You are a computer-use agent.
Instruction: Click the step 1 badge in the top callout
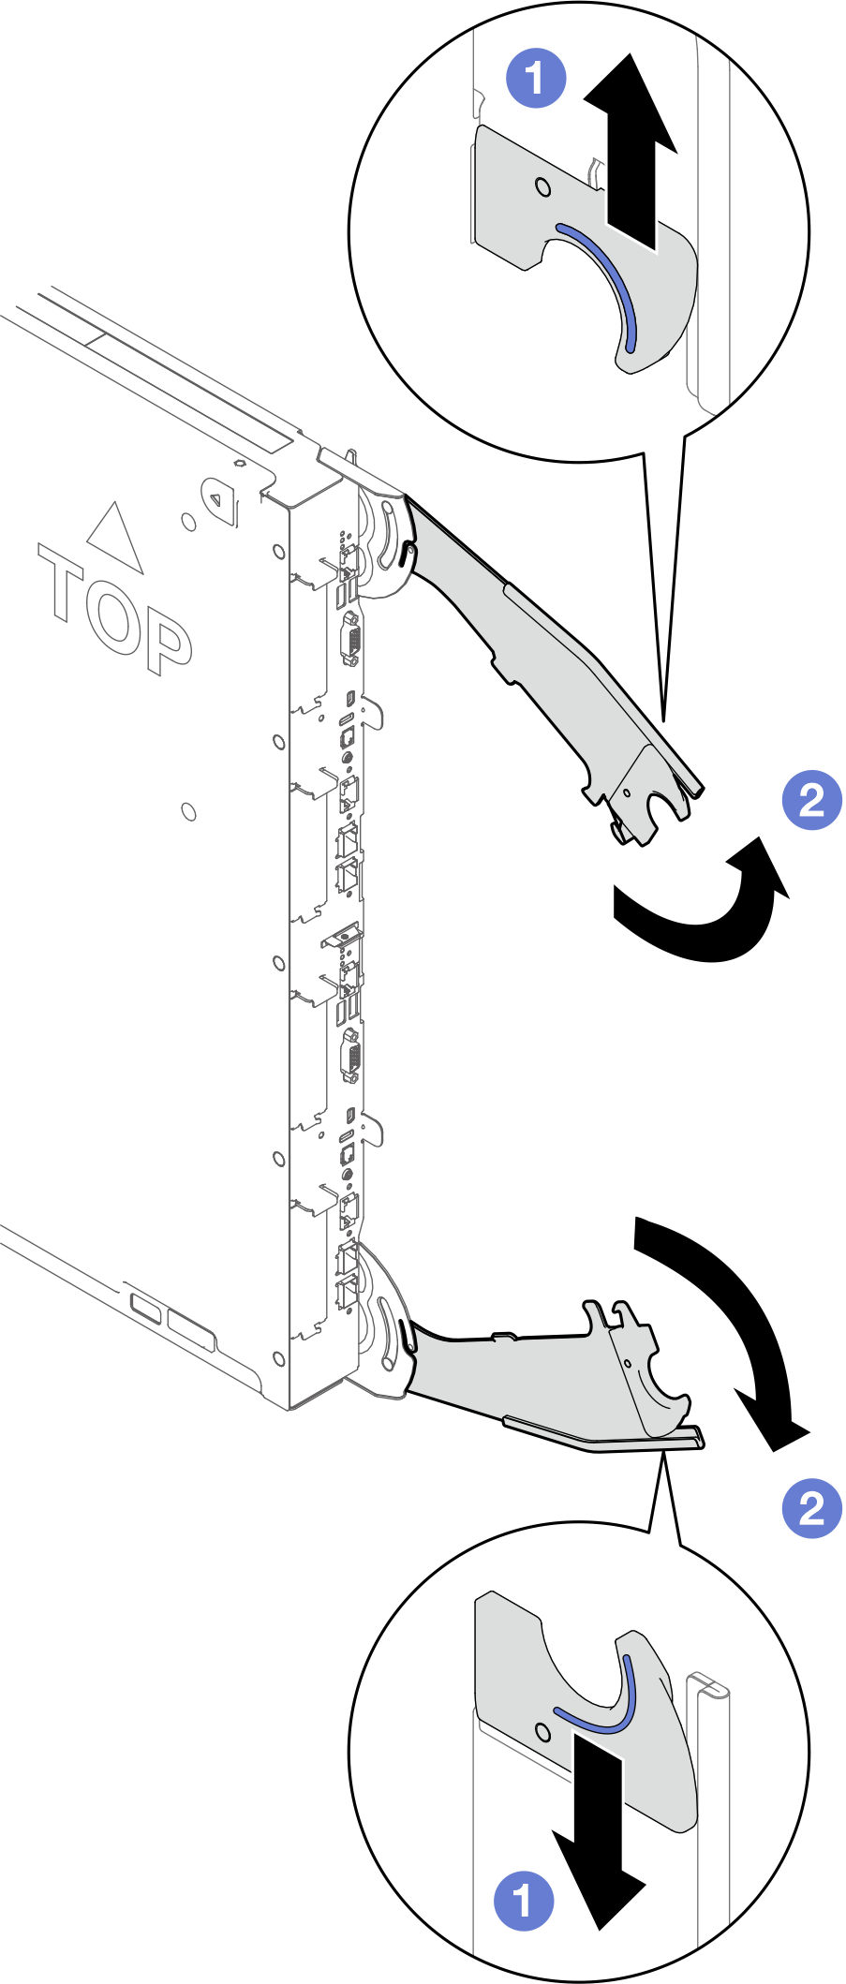pyautogui.click(x=536, y=78)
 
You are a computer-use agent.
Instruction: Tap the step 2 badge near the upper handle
pyautogui.click(x=811, y=800)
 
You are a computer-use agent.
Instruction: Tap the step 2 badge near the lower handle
pyautogui.click(x=811, y=1507)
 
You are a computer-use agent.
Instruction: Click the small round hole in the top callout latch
pyautogui.click(x=542, y=186)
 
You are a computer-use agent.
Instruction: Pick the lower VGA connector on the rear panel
pyautogui.click(x=351, y=1056)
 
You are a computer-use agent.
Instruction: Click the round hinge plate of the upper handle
pyautogui.click(x=386, y=543)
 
